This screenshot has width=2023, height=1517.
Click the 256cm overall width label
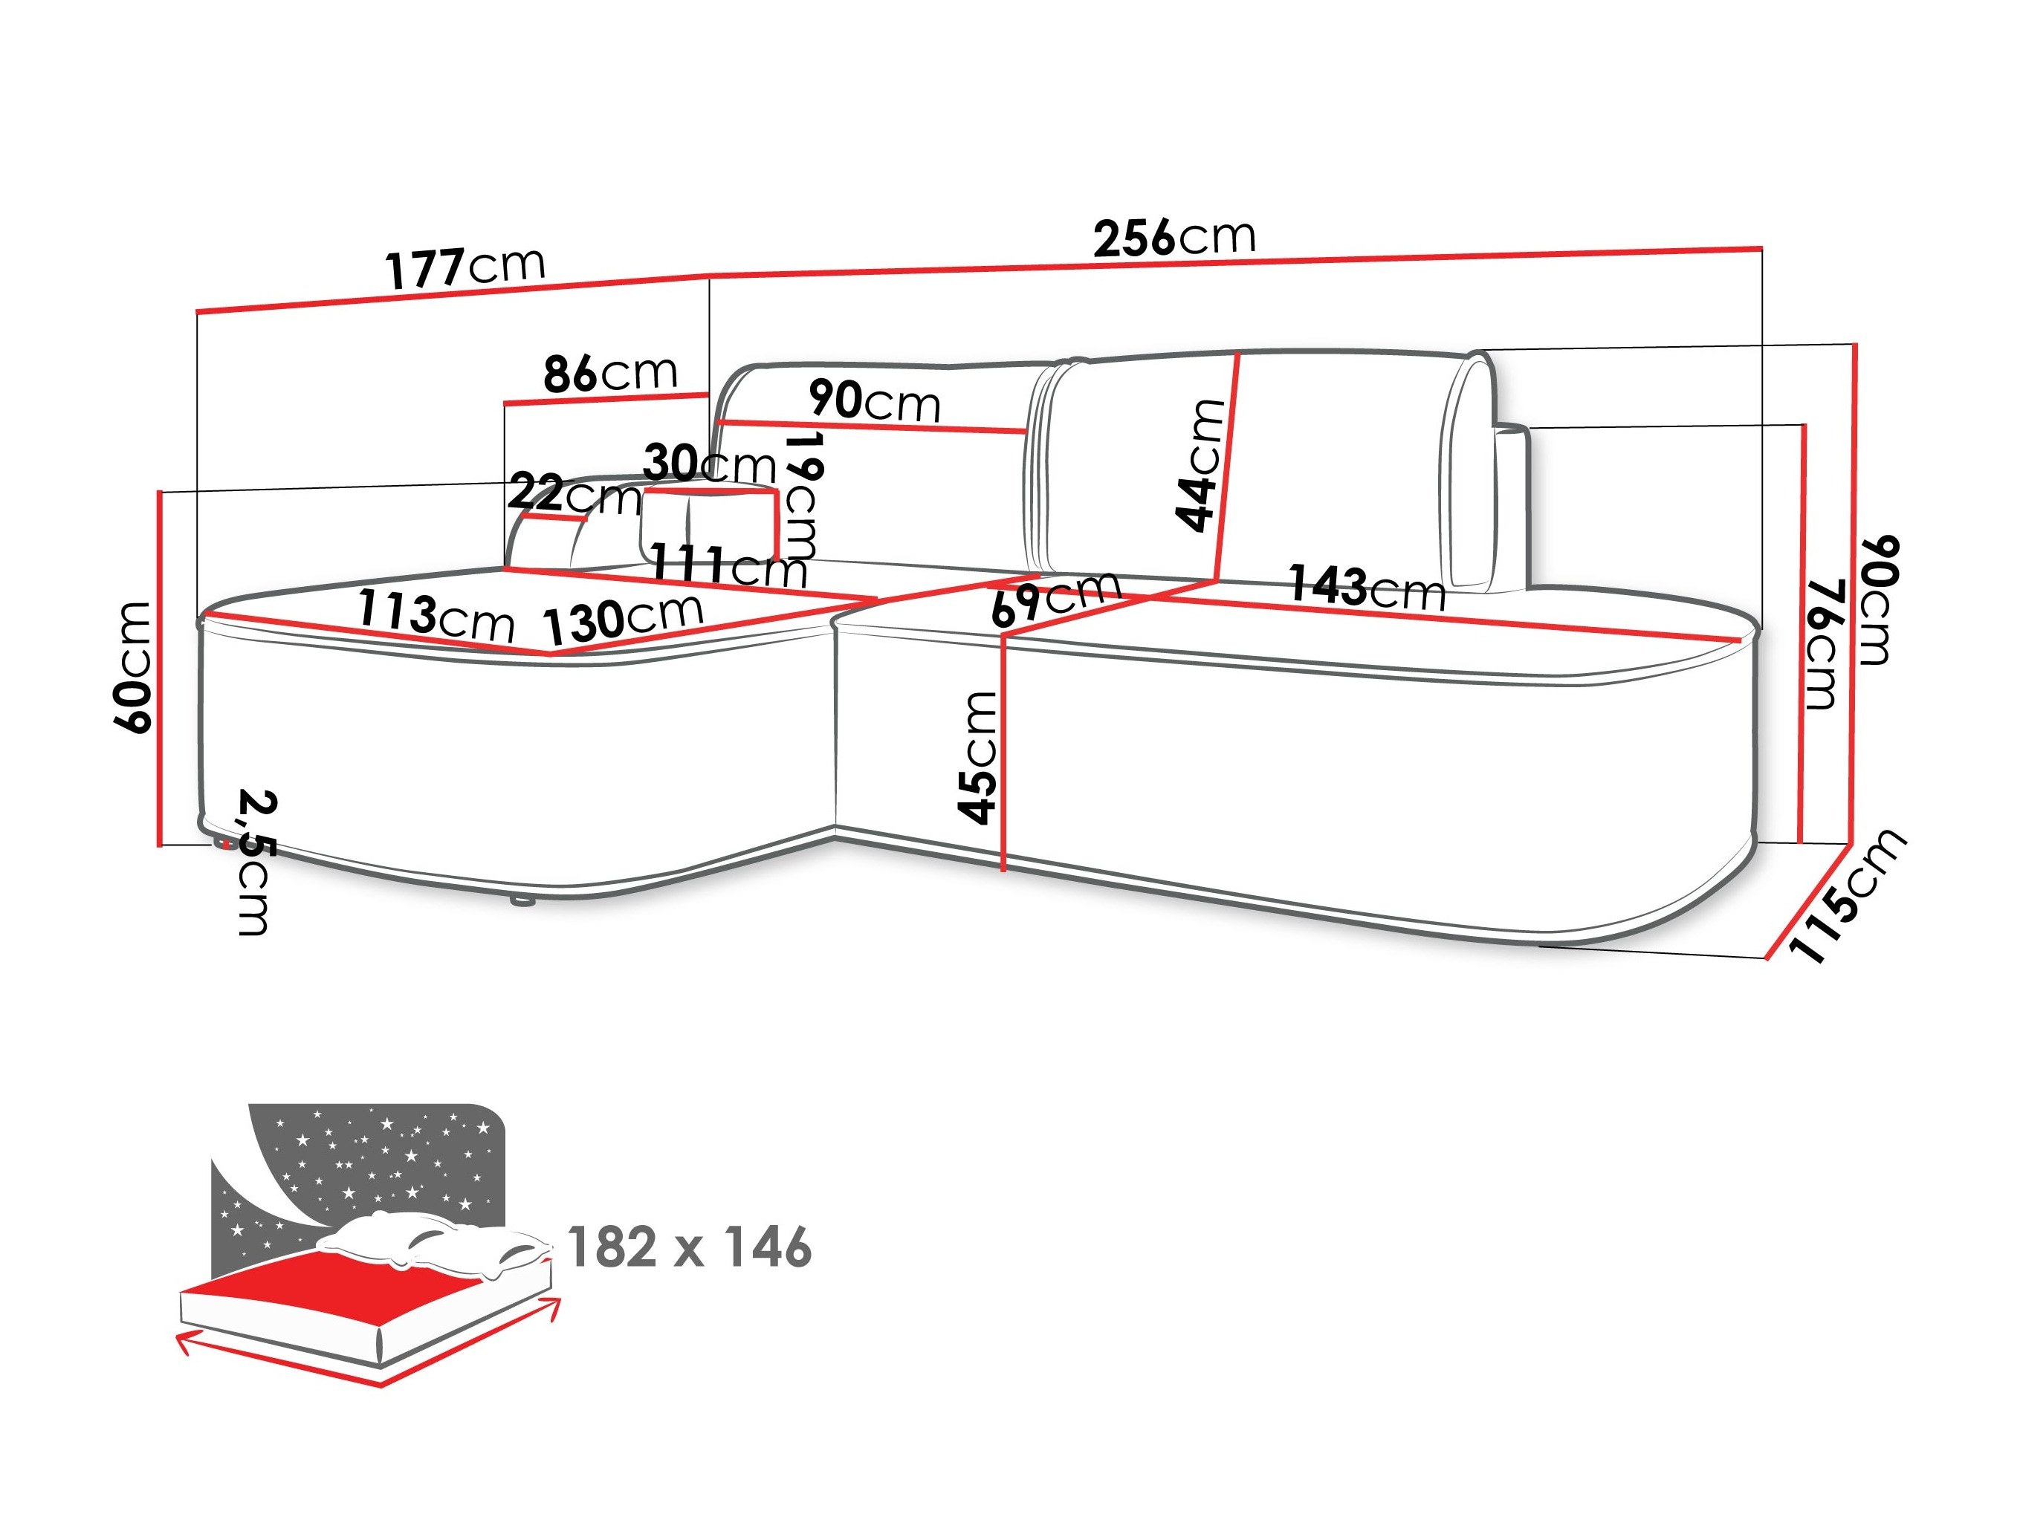tap(1174, 237)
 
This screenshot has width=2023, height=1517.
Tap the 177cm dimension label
tap(465, 267)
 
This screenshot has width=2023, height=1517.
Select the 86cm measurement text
tap(610, 373)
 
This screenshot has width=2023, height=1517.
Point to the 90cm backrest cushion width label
tap(873, 403)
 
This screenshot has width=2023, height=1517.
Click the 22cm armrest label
tap(574, 495)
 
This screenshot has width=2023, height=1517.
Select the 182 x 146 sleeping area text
tap(690, 1247)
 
